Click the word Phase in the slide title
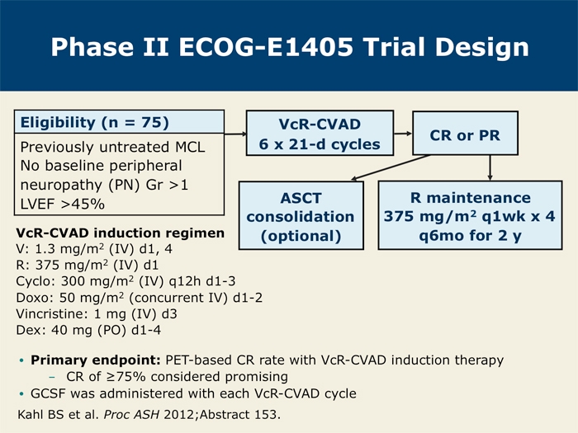click(92, 47)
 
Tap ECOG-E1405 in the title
click(266, 47)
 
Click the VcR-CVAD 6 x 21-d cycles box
click(320, 134)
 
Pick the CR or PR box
click(465, 134)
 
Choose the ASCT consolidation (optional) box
click(301, 216)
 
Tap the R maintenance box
click(470, 215)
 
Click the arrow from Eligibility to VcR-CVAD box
click(235, 134)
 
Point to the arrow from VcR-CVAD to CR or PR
click(403, 134)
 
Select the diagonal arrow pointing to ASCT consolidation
click(390, 167)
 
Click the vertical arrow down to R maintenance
click(490, 167)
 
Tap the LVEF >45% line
click(62, 204)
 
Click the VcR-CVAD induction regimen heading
click(121, 233)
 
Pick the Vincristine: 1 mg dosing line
click(97, 314)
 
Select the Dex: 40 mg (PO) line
click(88, 330)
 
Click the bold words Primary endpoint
click(96, 360)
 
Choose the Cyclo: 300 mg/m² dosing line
click(126, 282)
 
